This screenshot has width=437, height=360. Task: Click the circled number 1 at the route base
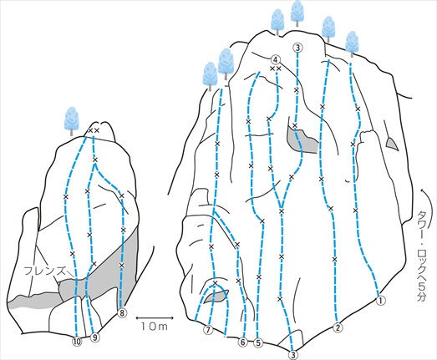[381, 301]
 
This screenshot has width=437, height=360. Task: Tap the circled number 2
[338, 327]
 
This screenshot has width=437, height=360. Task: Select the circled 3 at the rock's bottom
[293, 355]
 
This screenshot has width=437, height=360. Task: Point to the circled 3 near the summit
[298, 48]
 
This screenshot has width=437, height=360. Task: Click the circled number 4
[276, 59]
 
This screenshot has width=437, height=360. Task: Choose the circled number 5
[258, 343]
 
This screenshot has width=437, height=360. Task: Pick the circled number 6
[243, 342]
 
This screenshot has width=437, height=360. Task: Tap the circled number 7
[208, 330]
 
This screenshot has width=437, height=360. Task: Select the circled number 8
[122, 313]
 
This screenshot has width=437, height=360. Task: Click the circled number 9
[95, 337]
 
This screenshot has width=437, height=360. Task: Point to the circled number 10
[77, 342]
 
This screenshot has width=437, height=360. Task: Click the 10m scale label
[154, 327]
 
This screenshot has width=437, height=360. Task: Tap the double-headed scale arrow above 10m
[154, 317]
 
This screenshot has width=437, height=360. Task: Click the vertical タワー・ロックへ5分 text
[423, 256]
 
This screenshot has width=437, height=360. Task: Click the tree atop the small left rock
[72, 121]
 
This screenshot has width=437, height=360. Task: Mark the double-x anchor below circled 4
[276, 68]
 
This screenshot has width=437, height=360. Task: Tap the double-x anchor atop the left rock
[94, 130]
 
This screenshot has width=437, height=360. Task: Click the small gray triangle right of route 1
[392, 144]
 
